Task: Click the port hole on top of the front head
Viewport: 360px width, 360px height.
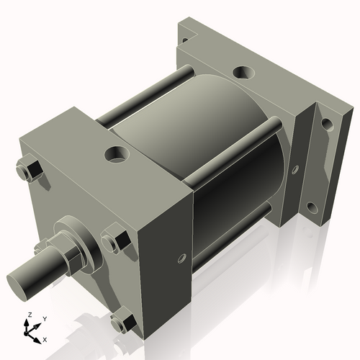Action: coord(115,153)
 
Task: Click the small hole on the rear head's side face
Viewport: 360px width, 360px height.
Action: coord(294,170)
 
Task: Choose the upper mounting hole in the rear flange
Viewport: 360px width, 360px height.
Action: coord(327,124)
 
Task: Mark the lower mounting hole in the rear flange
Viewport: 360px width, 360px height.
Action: coord(313,210)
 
